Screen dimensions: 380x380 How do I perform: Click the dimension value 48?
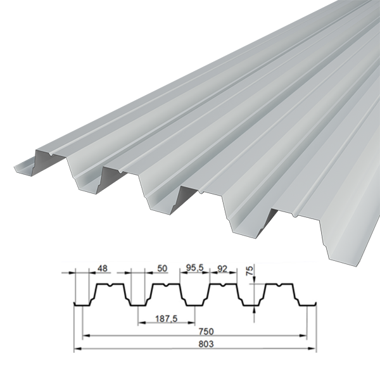click(x=102, y=269)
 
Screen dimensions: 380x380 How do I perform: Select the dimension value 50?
click(x=162, y=269)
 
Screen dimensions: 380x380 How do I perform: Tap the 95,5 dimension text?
click(x=195, y=268)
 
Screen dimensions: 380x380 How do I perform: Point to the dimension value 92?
click(x=222, y=269)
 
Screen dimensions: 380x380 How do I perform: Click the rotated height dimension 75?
click(x=250, y=270)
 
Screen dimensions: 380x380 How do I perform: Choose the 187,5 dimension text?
click(x=166, y=319)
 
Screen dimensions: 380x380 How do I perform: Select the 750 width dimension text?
click(x=206, y=331)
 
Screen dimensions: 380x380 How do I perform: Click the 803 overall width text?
click(x=206, y=344)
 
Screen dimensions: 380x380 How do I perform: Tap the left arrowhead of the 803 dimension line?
click(x=77, y=348)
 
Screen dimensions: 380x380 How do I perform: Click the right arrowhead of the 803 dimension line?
click(x=313, y=348)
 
